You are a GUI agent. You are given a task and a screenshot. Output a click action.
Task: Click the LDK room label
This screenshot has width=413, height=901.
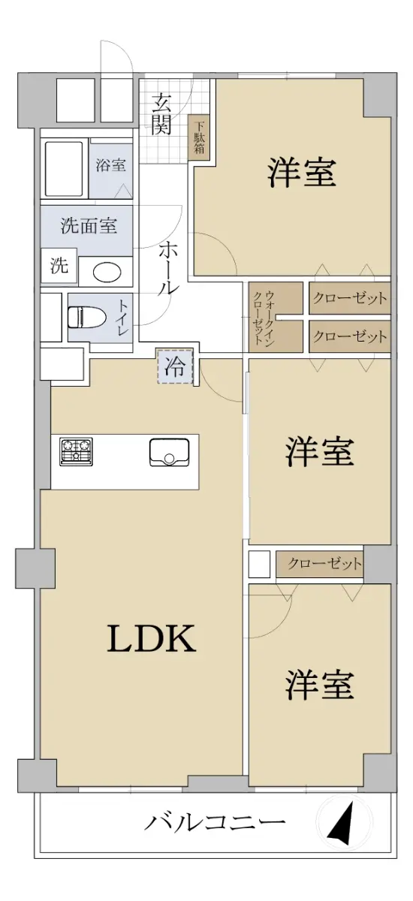click(151, 639)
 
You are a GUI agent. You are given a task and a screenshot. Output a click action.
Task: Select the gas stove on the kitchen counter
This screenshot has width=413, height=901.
click(76, 452)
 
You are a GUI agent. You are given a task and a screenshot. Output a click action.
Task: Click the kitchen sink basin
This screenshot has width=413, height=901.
click(169, 452)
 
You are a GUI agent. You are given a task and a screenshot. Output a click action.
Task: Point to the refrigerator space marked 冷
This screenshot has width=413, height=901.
click(175, 366)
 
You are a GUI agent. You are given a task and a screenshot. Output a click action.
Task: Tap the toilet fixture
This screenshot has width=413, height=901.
click(87, 317)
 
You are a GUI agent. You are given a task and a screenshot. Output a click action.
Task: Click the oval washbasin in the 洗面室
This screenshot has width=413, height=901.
click(107, 273)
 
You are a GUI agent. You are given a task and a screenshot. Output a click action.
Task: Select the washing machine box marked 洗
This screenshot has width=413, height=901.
click(59, 266)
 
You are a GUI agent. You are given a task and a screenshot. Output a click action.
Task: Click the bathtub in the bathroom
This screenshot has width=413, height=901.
click(65, 169)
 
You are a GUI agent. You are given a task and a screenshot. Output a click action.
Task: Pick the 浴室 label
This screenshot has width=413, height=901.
click(110, 165)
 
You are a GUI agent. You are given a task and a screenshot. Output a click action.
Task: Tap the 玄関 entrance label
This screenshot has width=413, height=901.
click(162, 115)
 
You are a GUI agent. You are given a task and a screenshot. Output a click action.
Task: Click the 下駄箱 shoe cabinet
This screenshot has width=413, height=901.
click(200, 137)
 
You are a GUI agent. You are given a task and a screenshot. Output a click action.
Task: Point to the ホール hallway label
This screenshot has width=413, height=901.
click(168, 269)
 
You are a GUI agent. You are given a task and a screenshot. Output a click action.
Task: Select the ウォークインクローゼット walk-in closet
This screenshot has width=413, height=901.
click(276, 318)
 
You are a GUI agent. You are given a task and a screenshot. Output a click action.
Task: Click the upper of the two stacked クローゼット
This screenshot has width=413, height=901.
click(349, 298)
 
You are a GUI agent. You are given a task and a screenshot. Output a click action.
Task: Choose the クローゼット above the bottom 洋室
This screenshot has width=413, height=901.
click(320, 564)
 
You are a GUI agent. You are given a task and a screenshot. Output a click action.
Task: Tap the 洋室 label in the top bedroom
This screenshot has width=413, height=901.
click(302, 173)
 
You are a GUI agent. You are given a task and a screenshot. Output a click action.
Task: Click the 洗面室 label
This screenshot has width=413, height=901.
click(89, 225)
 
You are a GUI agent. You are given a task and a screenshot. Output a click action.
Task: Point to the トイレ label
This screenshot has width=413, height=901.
click(122, 318)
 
